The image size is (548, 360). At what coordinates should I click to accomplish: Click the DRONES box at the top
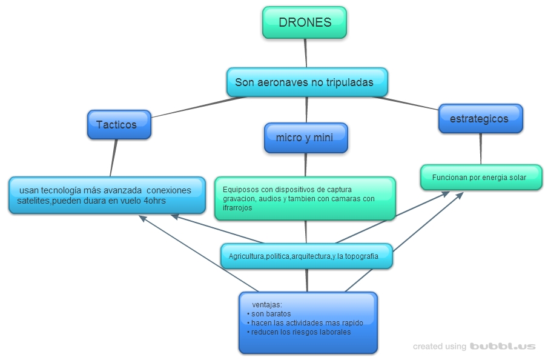click(305, 22)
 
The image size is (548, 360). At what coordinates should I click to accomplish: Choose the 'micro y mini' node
click(306, 138)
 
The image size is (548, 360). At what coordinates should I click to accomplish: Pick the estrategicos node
click(480, 119)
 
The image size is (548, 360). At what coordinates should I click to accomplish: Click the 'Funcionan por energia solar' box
click(480, 178)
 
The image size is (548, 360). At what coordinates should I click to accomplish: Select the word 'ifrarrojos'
click(237, 208)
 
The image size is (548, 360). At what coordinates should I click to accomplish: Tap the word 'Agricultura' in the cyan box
click(246, 256)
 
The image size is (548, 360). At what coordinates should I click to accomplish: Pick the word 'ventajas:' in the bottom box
click(267, 304)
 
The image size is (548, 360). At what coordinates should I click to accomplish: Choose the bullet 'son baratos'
click(271, 314)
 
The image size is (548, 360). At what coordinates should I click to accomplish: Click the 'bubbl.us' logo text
click(503, 347)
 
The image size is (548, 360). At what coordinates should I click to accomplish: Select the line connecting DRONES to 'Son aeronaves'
click(306, 53)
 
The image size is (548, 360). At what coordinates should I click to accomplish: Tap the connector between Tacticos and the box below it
click(113, 158)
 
